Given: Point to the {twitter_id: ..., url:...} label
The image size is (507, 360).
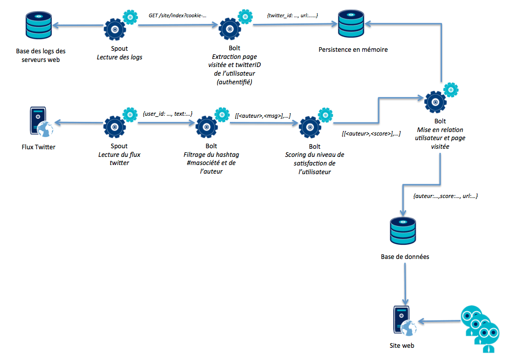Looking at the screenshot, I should [292, 16].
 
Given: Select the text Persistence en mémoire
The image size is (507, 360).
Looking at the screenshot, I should [353, 49].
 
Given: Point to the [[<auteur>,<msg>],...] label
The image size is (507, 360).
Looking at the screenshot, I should [262, 116].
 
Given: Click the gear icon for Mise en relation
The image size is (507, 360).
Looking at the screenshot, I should [436, 102].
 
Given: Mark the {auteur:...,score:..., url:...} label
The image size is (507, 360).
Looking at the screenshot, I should [446, 195].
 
